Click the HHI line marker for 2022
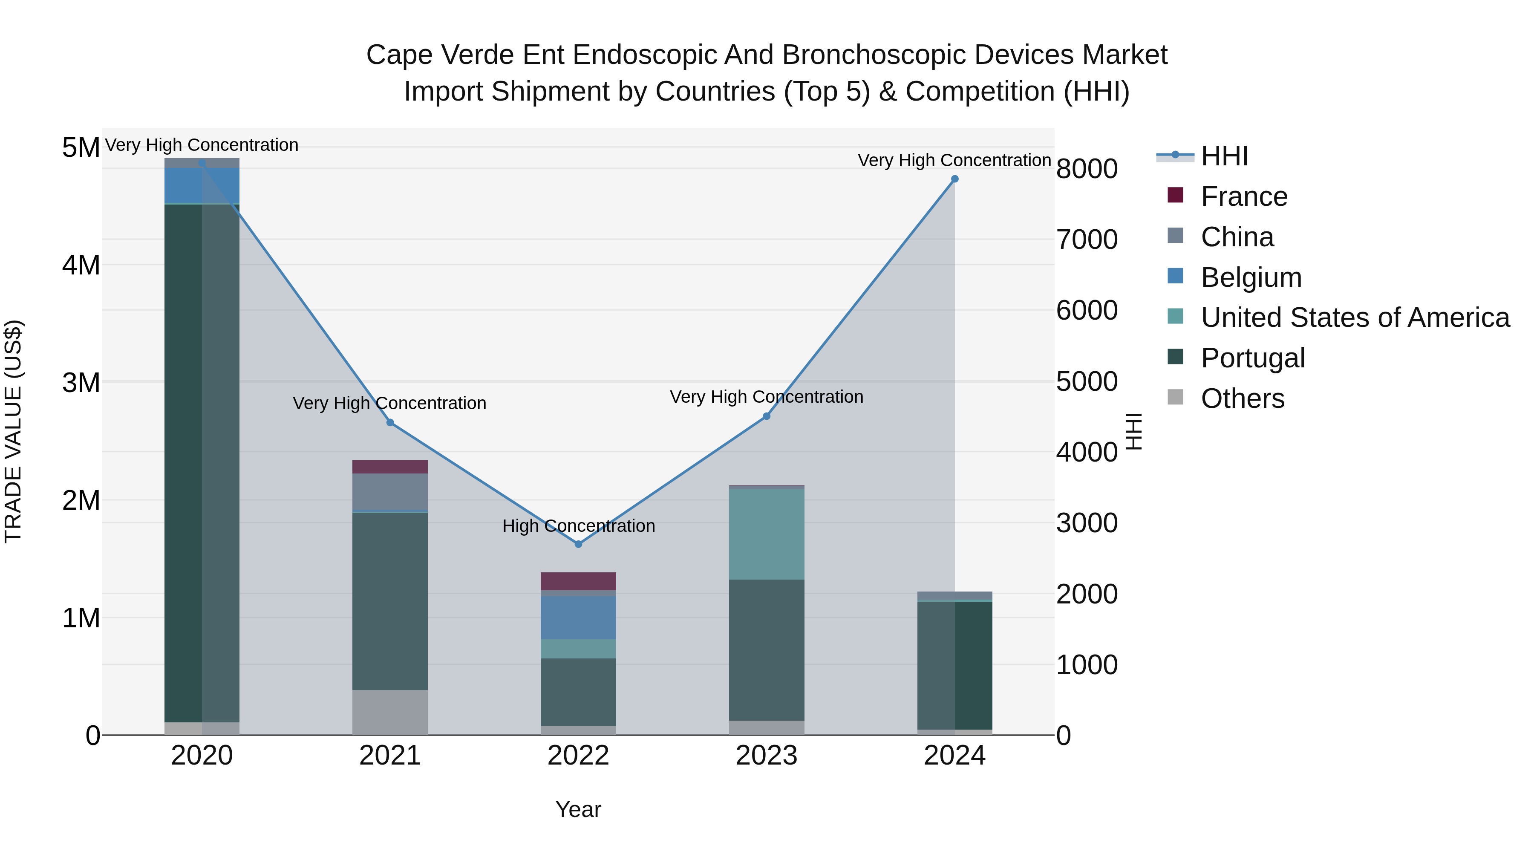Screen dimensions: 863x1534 pos(578,544)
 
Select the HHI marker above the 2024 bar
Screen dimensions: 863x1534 pos(954,179)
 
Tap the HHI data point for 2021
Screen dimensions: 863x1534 pos(390,422)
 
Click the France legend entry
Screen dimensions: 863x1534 pos(1243,196)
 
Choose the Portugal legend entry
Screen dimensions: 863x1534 pos(1252,358)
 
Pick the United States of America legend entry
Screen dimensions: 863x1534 pos(1355,317)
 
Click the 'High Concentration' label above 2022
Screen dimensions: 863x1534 pos(578,526)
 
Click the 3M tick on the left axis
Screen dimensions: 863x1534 pos(81,382)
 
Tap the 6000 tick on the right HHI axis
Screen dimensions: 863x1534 pos(1087,310)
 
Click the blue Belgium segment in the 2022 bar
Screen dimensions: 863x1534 pos(578,618)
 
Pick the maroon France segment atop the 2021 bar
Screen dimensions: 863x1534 pos(390,466)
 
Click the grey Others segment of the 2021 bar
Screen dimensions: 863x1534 pos(390,712)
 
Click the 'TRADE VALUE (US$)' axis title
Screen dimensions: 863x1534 pos(13,431)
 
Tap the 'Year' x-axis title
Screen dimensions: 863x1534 pos(578,809)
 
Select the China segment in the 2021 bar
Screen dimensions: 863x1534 pos(390,492)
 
